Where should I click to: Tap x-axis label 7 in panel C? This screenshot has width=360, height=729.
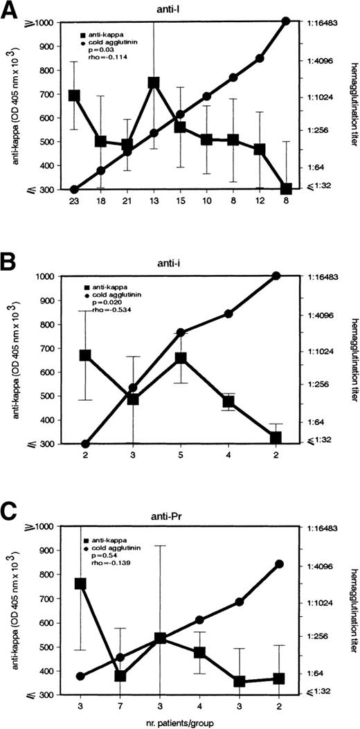pos(120,707)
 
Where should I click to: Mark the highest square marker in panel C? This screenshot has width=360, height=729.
pos(80,584)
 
